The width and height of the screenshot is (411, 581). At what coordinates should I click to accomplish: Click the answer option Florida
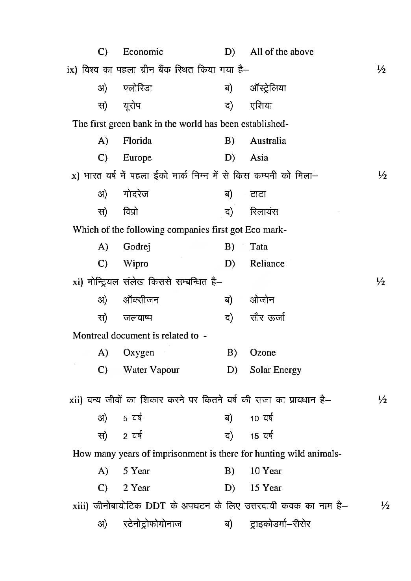click(137, 141)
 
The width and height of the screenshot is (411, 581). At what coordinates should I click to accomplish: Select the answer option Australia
click(268, 141)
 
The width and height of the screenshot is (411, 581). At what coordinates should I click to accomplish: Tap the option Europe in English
click(137, 158)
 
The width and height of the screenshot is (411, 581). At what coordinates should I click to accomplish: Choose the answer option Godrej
click(137, 247)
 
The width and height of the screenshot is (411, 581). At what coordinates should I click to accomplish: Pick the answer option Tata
click(258, 247)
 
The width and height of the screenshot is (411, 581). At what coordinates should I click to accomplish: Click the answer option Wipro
click(135, 264)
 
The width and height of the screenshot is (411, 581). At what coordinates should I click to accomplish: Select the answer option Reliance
click(267, 264)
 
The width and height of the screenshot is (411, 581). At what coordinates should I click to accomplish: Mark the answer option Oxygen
click(139, 353)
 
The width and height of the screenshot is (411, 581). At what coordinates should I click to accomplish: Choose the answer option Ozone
click(263, 353)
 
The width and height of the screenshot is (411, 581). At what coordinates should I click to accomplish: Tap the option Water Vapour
click(151, 370)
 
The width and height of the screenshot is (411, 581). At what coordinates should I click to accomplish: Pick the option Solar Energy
click(276, 370)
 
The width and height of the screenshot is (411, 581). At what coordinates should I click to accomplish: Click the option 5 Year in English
click(136, 471)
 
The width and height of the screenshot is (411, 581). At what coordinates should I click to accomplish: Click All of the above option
click(282, 52)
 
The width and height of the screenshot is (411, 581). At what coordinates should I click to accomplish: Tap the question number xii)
click(76, 400)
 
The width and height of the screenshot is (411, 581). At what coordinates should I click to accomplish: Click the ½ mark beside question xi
click(380, 282)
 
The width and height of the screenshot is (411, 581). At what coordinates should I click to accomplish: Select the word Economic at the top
click(143, 52)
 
